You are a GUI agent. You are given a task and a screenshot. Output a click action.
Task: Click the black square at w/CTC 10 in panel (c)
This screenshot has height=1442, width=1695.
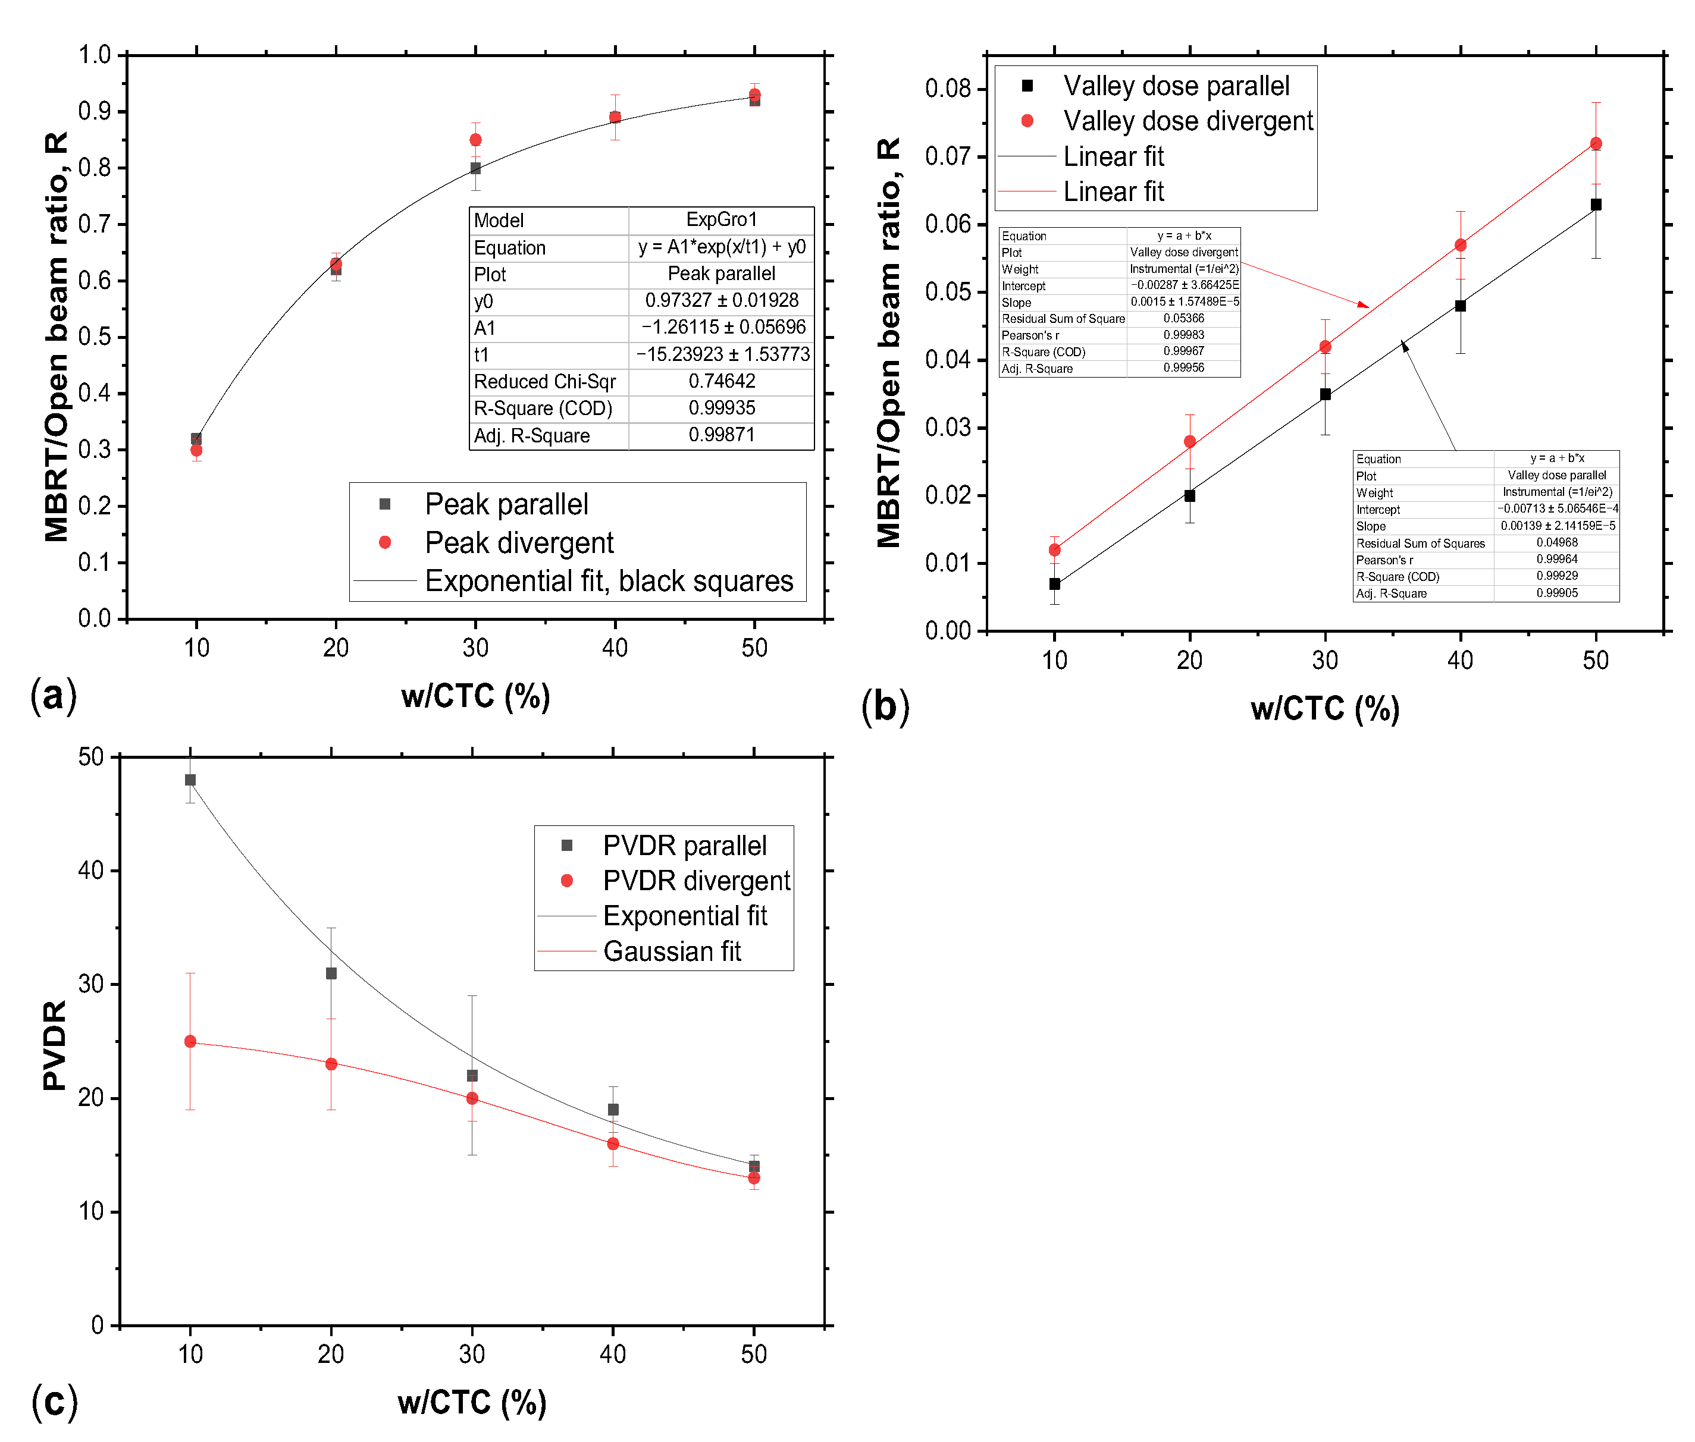click(190, 780)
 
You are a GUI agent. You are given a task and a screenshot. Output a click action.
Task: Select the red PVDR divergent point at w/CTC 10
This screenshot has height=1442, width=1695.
click(190, 1041)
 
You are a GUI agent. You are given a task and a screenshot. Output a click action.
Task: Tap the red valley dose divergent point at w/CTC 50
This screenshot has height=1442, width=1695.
click(1595, 144)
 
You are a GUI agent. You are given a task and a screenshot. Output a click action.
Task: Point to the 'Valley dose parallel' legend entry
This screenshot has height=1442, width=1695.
click(1175, 86)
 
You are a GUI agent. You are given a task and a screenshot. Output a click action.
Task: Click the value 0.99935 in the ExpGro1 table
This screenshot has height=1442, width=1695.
click(721, 408)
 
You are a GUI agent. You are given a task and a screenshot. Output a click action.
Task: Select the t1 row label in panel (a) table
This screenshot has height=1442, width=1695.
click(481, 355)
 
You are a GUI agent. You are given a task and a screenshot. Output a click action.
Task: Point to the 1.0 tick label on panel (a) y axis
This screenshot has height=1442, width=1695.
click(94, 55)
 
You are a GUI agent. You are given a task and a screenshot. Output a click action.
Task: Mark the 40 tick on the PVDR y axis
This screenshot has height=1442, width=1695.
click(91, 871)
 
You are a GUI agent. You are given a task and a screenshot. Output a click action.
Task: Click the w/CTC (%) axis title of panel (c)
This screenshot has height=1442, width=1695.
click(471, 1402)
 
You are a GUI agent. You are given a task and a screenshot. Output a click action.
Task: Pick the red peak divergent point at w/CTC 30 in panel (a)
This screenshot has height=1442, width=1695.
click(475, 140)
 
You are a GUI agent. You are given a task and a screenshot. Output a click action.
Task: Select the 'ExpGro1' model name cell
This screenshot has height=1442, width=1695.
click(720, 220)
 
